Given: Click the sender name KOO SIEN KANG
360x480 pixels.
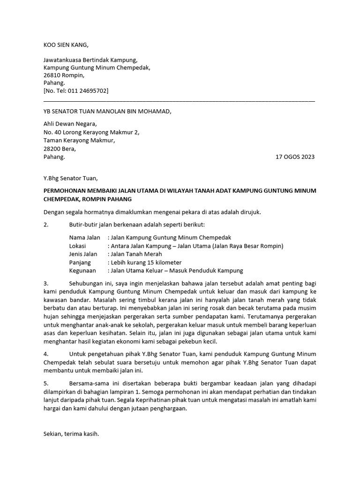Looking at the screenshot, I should [x=65, y=45].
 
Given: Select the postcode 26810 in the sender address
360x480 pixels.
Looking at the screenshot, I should [x=52, y=75].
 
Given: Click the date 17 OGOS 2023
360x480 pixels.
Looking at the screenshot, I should [x=296, y=157].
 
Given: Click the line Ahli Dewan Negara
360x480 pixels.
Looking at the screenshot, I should [x=70, y=124].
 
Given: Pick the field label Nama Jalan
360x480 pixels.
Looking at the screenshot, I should [x=84, y=238].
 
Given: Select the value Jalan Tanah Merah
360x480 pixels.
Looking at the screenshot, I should [x=136, y=254].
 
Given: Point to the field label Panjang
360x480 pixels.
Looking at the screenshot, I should [x=80, y=262].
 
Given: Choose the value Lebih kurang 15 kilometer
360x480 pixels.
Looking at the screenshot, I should [x=146, y=262].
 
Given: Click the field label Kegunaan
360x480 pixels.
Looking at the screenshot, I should [x=82, y=270].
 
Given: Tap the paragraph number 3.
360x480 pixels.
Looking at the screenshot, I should [x=46, y=284].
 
